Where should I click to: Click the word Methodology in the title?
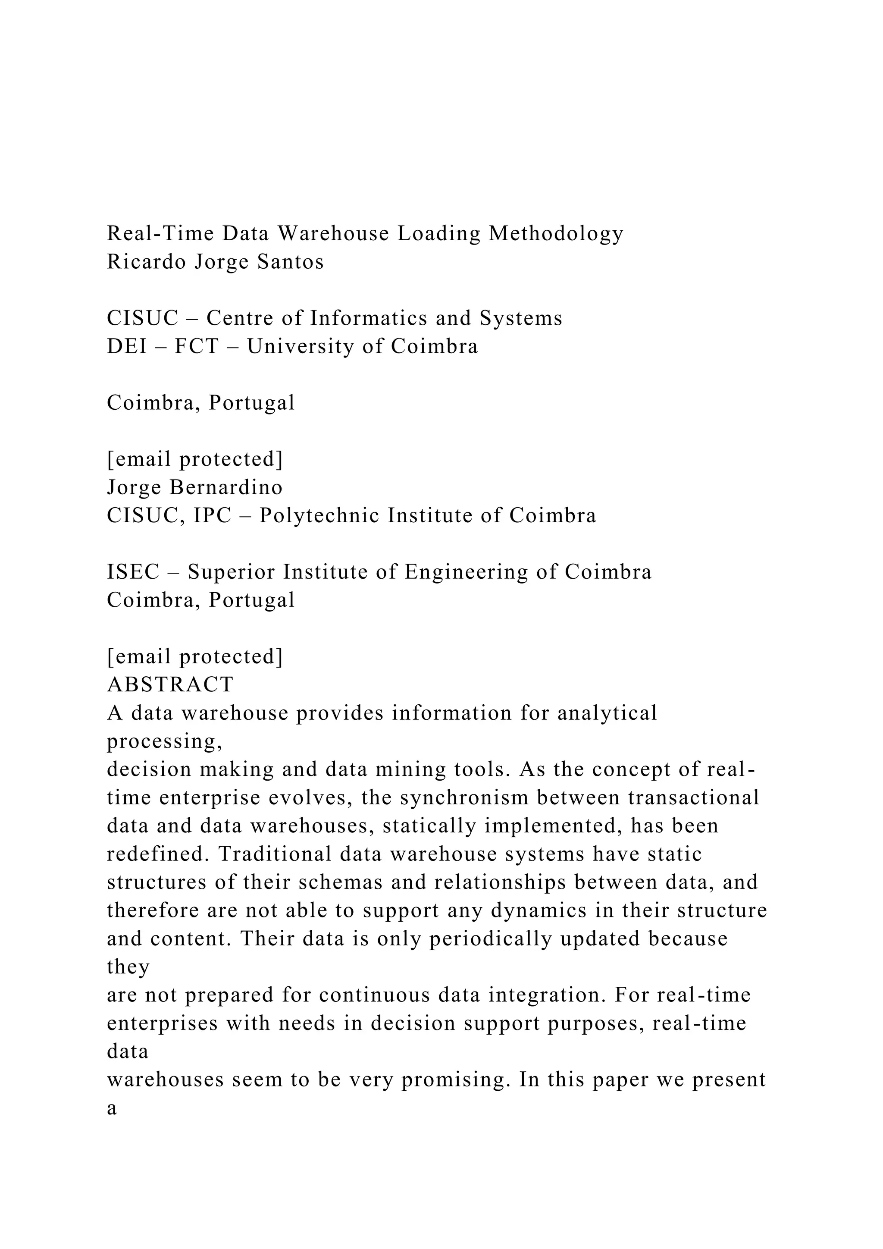[x=556, y=234]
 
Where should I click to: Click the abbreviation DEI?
[x=127, y=346]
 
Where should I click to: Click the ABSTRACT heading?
[x=170, y=684]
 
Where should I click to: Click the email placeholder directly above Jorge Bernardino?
[x=194, y=459]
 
